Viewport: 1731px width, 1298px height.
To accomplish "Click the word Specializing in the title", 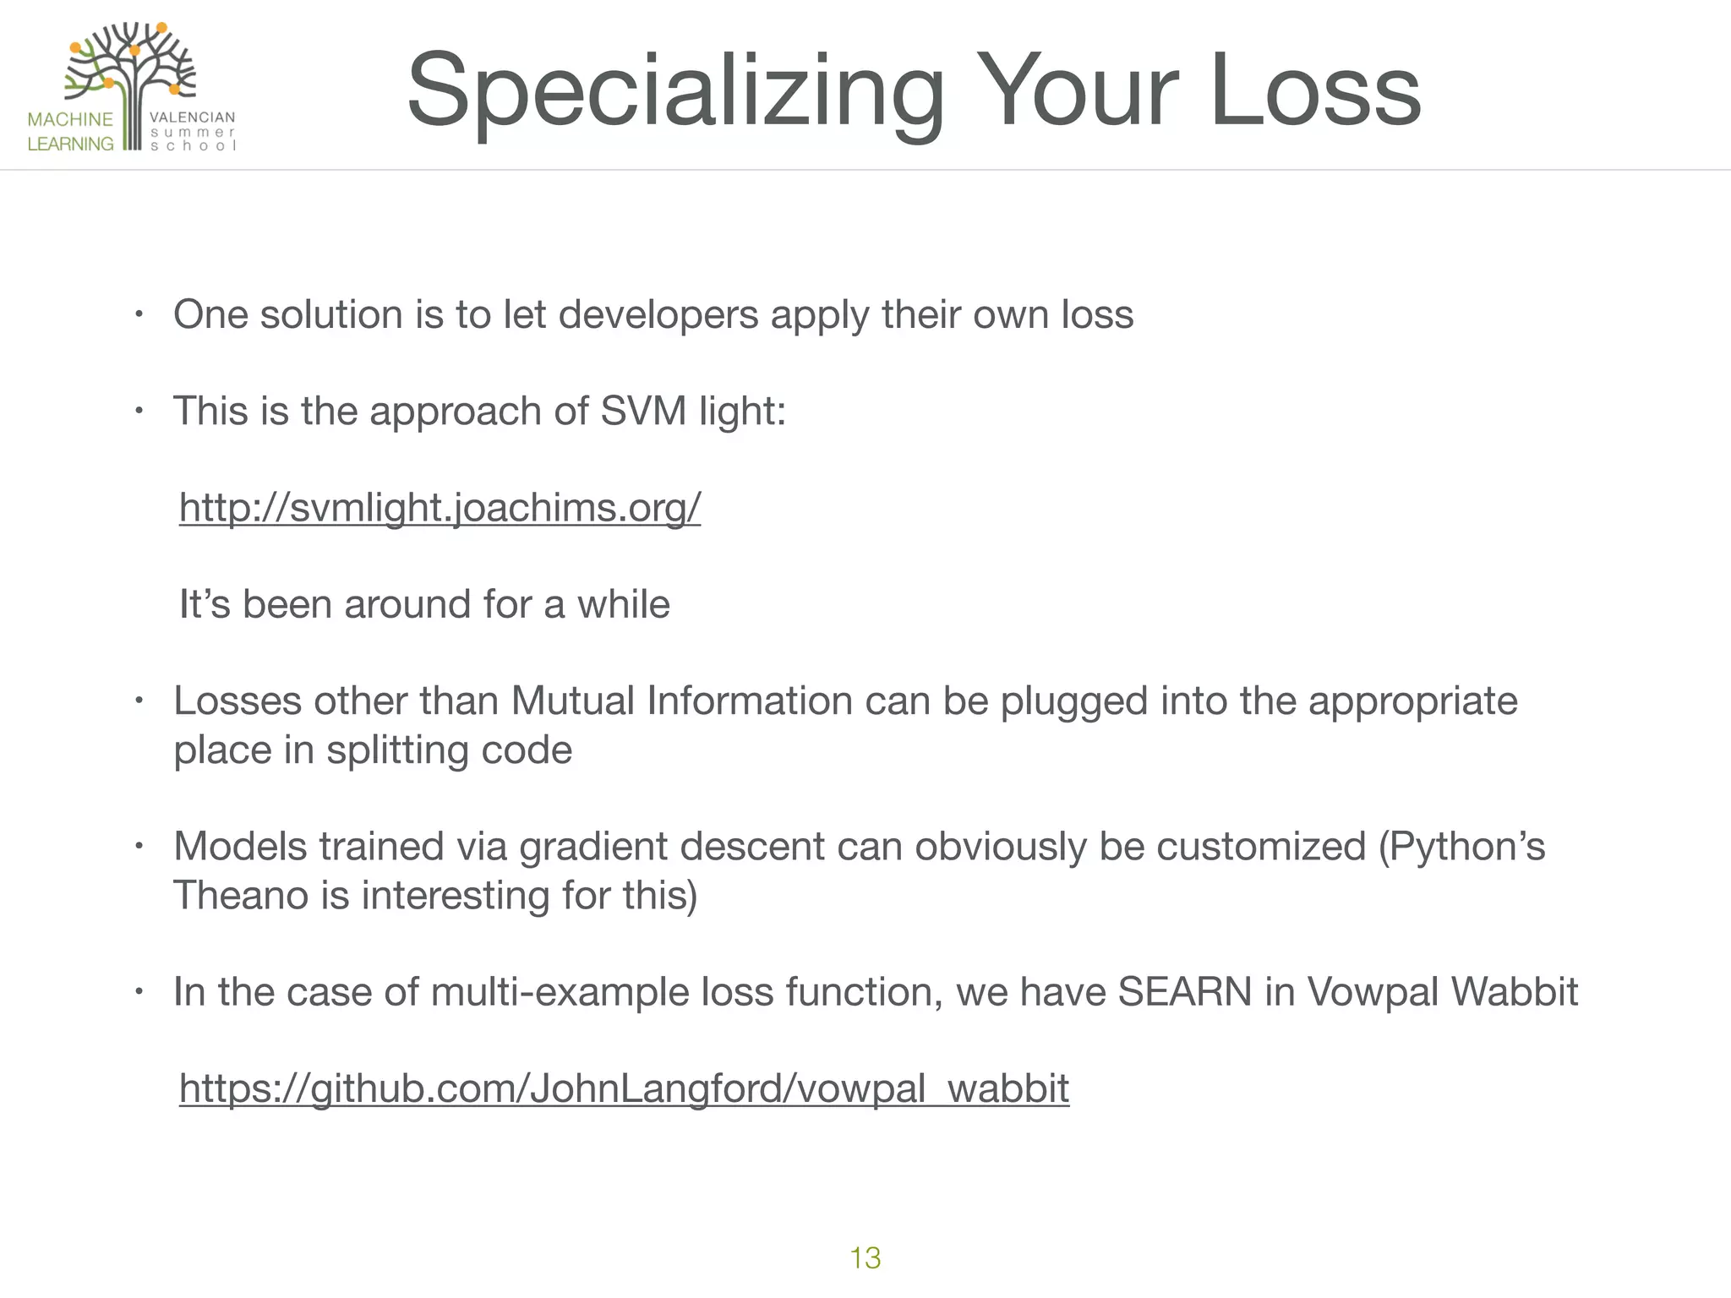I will coord(674,91).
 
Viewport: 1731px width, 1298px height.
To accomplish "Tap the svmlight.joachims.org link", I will coord(440,508).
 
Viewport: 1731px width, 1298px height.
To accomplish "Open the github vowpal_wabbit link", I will coord(624,1088).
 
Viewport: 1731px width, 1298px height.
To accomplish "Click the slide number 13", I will coord(865,1257).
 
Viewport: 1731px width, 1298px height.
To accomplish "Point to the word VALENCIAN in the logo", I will coord(192,117).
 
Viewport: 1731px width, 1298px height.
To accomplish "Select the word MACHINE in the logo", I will coord(70,119).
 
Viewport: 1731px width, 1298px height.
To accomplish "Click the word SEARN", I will coord(1184,992).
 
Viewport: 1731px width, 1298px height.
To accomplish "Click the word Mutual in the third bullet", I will coord(572,701).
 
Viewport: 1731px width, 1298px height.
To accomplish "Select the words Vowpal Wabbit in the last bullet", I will coord(1442,992).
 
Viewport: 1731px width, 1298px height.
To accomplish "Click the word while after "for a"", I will coord(623,605).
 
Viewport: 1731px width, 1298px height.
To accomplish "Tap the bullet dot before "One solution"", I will coord(139,316).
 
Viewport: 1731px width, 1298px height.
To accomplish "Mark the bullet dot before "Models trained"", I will coord(139,847).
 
